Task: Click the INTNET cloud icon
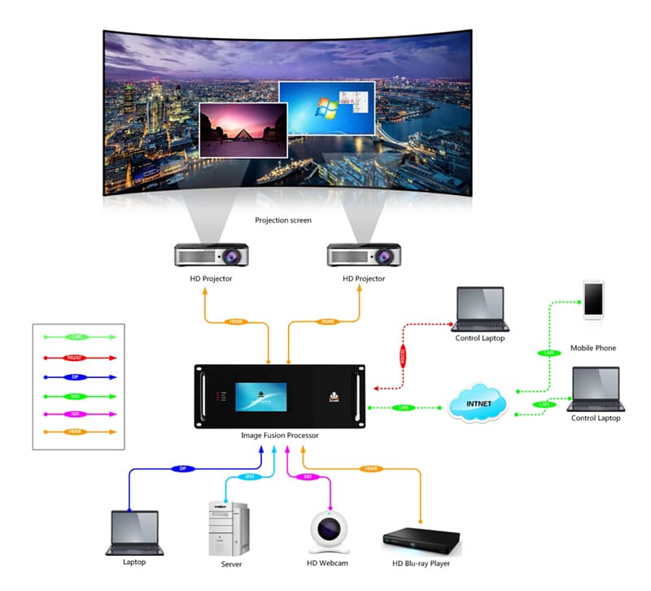point(478,402)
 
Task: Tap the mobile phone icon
point(593,299)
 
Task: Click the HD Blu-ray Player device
point(422,540)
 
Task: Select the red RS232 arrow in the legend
point(74,357)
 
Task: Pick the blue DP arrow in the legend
point(74,377)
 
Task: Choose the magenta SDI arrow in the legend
point(74,414)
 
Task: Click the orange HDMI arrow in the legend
point(74,432)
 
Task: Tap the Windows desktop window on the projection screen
point(326,108)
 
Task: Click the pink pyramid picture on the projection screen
point(242,129)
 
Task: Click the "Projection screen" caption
point(283,220)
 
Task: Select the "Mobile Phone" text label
point(592,348)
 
